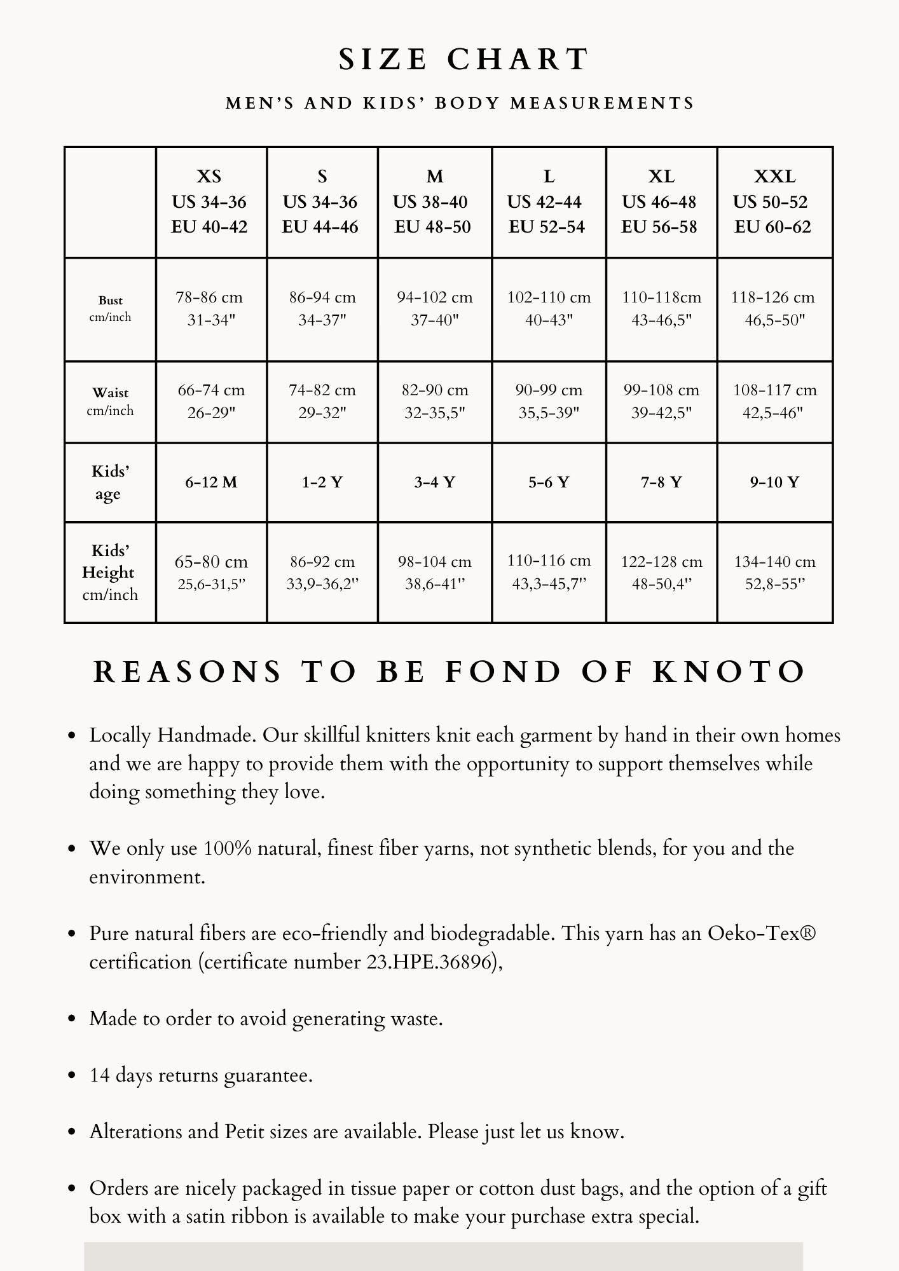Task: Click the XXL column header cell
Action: coord(774,201)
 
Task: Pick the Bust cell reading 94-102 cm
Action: coord(435,309)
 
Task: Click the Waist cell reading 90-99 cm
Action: coord(549,402)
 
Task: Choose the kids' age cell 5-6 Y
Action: coord(549,482)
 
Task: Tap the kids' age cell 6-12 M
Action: coord(211,482)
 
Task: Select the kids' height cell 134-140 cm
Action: coord(774,572)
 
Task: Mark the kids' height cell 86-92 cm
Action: coord(322,572)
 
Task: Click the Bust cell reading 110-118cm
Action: coord(661,309)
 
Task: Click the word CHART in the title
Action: coord(518,60)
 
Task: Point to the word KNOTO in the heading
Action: coord(729,672)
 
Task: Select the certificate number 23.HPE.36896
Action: coord(432,962)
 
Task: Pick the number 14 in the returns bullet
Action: coord(100,1075)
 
